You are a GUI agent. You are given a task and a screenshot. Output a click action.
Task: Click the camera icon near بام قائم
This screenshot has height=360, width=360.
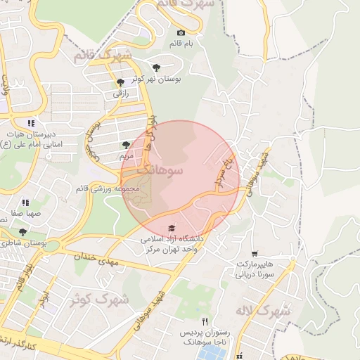(181, 33)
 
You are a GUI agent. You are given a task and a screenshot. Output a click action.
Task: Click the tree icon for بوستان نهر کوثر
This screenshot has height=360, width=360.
(156, 67)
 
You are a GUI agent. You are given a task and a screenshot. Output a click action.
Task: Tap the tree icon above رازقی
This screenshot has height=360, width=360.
(120, 82)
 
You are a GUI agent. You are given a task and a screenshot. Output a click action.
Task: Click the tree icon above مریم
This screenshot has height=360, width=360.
(127, 143)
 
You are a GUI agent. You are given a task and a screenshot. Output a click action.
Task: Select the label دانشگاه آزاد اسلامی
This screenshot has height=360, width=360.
(172, 239)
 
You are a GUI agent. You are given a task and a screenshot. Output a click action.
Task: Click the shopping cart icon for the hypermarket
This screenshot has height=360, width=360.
(255, 254)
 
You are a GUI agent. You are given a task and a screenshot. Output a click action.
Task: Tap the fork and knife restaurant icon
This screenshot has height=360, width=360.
(205, 321)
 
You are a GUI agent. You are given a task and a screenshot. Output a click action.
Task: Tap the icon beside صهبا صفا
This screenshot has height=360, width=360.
(25, 202)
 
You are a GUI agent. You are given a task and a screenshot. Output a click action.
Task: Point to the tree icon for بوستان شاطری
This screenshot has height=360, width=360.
(22, 231)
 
